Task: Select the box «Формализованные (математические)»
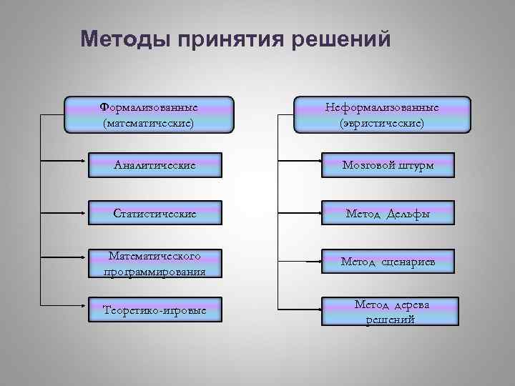point(149,115)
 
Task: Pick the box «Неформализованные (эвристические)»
point(382,115)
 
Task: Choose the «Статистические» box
point(155,213)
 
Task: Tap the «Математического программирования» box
point(155,262)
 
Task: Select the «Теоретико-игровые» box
point(155,311)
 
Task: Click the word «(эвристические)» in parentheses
point(382,124)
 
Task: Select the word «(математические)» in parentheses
point(149,124)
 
